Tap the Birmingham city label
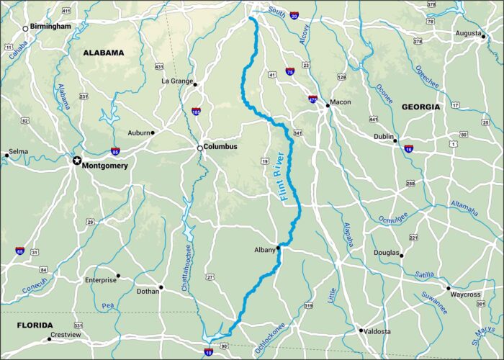(51, 27)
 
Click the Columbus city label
(220, 147)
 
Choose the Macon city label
(341, 102)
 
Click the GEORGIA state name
(421, 107)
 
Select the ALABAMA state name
(104, 53)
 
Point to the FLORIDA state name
(35, 325)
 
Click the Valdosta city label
(377, 331)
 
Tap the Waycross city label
(466, 294)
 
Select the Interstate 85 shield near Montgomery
(116, 151)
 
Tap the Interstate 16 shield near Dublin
(409, 149)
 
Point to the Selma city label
(17, 153)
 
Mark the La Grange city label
(176, 81)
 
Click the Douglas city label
(387, 253)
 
